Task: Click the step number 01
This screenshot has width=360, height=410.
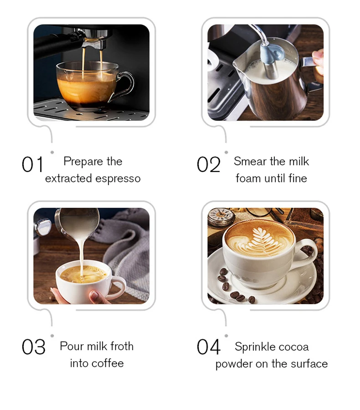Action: pyautogui.click(x=32, y=165)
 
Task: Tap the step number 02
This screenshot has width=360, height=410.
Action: pyautogui.click(x=208, y=165)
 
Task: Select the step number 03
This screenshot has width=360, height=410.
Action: pyautogui.click(x=33, y=347)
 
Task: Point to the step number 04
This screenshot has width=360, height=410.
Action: pyautogui.click(x=208, y=347)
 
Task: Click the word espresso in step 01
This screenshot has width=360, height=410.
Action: pyautogui.click(x=118, y=179)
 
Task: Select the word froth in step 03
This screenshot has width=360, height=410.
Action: pyautogui.click(x=122, y=346)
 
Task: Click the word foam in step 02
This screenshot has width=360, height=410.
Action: pyautogui.click(x=247, y=178)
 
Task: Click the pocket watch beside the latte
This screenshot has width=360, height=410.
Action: pyautogui.click(x=221, y=218)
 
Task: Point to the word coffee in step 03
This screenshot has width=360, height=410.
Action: pyautogui.click(x=108, y=363)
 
